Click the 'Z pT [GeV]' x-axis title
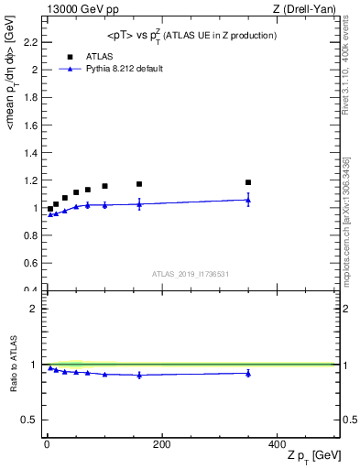point(311,456)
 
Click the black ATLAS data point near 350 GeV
point(248,182)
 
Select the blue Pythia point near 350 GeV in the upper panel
point(248,200)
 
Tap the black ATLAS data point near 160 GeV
point(139,184)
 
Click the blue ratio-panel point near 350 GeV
point(248,373)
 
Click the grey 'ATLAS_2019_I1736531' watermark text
point(190,273)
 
